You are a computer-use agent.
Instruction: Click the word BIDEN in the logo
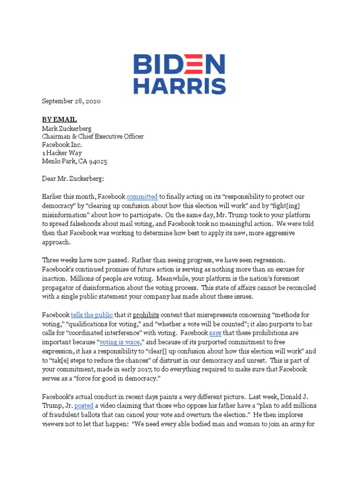click(180, 65)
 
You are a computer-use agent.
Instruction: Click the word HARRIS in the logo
click(180, 86)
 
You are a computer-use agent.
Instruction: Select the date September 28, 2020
click(71, 101)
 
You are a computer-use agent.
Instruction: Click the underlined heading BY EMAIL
click(60, 120)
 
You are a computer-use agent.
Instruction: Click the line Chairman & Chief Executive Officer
click(93, 136)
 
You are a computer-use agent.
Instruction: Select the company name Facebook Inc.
click(62, 145)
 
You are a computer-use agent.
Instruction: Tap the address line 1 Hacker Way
click(62, 153)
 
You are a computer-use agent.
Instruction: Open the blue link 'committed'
click(142, 197)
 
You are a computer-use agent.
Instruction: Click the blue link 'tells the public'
click(92, 315)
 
